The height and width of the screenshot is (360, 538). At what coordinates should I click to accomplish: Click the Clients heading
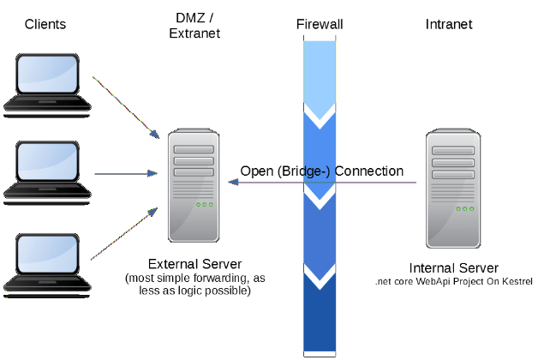45,24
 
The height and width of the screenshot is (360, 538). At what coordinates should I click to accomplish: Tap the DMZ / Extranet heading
194,26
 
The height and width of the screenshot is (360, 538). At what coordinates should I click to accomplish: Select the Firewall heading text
320,24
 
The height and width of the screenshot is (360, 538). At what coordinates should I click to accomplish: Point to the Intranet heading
449,24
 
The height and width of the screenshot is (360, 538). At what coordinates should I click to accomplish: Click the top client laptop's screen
47,74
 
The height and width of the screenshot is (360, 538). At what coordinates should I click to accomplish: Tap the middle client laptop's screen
47,161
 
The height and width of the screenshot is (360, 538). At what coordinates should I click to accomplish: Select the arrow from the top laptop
126,108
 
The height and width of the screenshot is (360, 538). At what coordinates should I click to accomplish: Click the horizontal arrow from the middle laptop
126,174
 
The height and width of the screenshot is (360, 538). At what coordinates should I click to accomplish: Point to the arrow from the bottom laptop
124,234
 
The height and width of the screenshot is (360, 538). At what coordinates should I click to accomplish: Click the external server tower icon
194,185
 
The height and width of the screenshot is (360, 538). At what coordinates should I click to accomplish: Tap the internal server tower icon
453,188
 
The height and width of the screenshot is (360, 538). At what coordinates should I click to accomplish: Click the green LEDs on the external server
205,205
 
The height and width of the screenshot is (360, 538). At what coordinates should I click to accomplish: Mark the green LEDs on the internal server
465,208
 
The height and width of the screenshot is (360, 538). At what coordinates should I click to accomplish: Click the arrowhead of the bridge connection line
233,183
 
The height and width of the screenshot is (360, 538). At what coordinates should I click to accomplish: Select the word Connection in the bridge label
369,171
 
